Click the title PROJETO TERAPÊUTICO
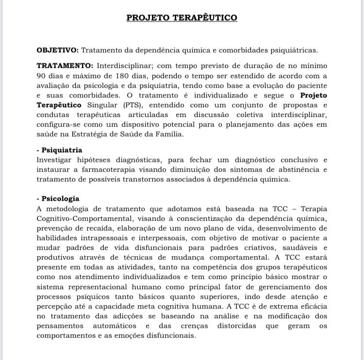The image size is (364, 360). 182,18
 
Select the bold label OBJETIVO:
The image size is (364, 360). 57,50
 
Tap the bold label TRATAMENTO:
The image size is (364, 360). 65,65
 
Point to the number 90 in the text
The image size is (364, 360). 41,76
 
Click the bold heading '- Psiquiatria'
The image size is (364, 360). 60,150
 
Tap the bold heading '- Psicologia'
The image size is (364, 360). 58,198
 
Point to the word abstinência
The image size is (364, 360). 297,169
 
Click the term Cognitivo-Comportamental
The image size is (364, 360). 85,218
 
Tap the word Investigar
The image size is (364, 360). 56,160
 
